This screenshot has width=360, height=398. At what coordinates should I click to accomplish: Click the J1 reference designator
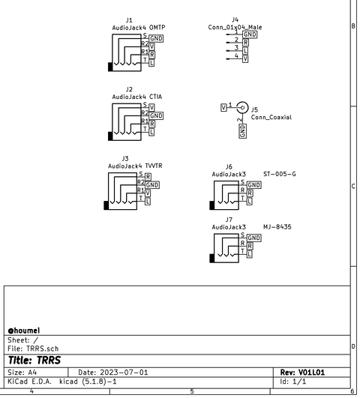[x=129, y=20]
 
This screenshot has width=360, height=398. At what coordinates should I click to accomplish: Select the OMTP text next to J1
[x=157, y=28]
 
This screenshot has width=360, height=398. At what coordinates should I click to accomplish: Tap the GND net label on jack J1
[x=156, y=38]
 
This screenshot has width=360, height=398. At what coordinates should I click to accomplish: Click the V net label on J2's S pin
[x=151, y=108]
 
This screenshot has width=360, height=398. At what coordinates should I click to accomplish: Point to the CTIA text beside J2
[x=155, y=97]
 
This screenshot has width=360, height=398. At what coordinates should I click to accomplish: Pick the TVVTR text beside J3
[x=154, y=166]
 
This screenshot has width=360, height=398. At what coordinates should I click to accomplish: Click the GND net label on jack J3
[x=152, y=185]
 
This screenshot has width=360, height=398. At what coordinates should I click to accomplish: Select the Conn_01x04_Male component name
[x=235, y=28]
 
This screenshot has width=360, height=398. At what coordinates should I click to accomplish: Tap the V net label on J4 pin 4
[x=245, y=59]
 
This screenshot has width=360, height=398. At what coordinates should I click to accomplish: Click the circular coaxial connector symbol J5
[x=242, y=108]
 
